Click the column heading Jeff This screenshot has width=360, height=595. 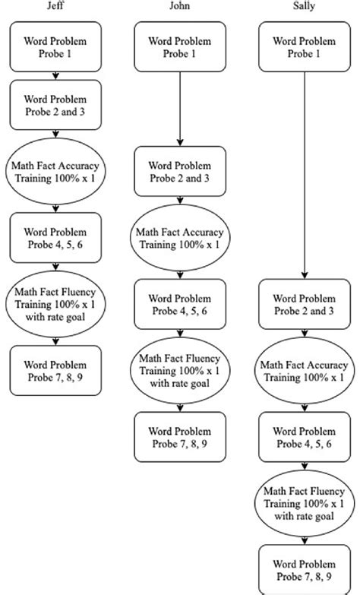click(x=56, y=7)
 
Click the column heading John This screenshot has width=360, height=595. click(x=181, y=7)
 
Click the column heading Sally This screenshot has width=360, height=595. click(x=304, y=7)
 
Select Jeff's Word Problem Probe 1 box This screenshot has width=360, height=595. click(x=56, y=47)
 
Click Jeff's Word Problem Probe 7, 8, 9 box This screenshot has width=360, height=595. click(x=56, y=369)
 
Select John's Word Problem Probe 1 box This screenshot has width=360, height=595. click(x=181, y=47)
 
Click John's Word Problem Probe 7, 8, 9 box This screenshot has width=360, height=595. click(x=181, y=437)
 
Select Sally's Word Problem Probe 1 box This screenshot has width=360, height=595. click(x=304, y=47)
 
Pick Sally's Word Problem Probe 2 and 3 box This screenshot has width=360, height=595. click(x=304, y=303)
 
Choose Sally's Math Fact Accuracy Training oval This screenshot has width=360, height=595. click(x=304, y=369)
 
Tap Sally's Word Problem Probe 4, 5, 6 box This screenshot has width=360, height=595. click(x=304, y=437)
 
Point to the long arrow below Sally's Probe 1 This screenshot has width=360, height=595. click(x=304, y=175)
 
